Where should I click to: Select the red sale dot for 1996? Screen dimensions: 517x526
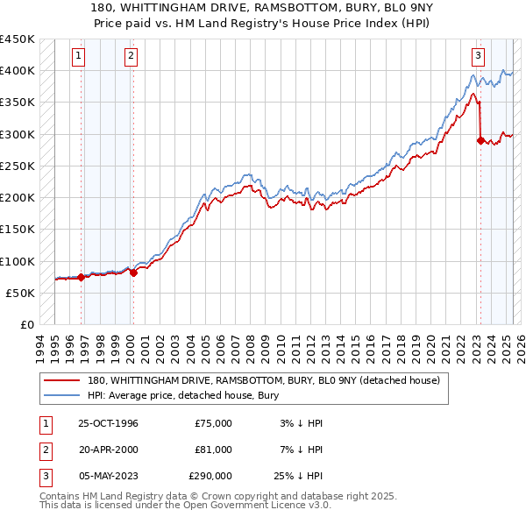coord(82,277)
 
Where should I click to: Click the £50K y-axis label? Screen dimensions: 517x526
coord(21,294)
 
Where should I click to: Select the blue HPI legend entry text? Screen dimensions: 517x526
coord(182,395)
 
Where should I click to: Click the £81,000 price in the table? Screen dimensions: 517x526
coord(214,450)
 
